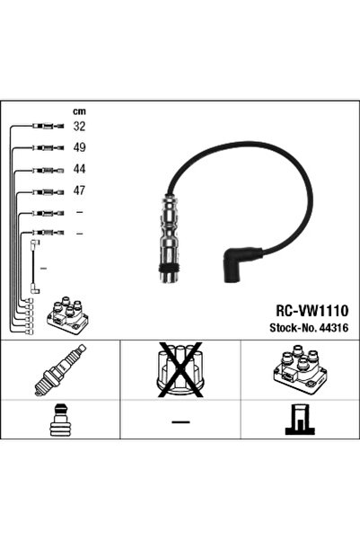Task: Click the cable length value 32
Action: coord(79,127)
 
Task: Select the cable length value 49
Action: coord(79,147)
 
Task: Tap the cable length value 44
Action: coord(79,169)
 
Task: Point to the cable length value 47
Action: coord(79,190)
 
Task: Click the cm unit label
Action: coord(79,111)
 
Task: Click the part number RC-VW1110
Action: coord(312,311)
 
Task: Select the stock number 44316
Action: coord(334,328)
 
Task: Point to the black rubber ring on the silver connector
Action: coord(170,269)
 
